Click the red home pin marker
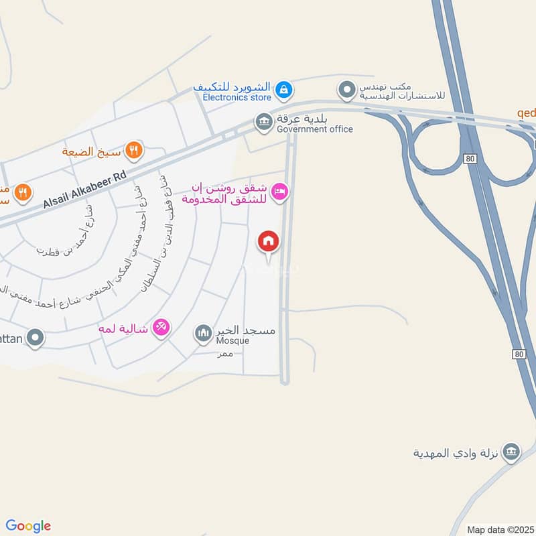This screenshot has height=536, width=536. pos(269,241)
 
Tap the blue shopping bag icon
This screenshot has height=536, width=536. pos(283,88)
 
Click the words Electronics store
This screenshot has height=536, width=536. pos(237,98)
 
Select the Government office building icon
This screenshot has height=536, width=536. pos(263,122)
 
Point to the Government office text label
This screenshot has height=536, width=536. pos(314,129)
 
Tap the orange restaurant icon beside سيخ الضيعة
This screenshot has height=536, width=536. pos(135,151)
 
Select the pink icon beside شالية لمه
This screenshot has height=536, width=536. pos(161,328)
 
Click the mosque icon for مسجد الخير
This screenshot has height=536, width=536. pos(203,332)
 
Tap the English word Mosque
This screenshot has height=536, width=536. pos(232,341)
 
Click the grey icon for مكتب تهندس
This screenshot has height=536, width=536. pos(346,90)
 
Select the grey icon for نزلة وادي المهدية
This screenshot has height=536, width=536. pos(511,452)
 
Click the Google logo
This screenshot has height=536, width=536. pos(28,526)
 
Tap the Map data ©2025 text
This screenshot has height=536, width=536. pos(500,529)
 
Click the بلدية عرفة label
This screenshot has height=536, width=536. pos(304,119)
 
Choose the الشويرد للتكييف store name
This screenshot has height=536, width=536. pos(231,87)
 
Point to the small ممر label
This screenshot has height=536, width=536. pos(224,354)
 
